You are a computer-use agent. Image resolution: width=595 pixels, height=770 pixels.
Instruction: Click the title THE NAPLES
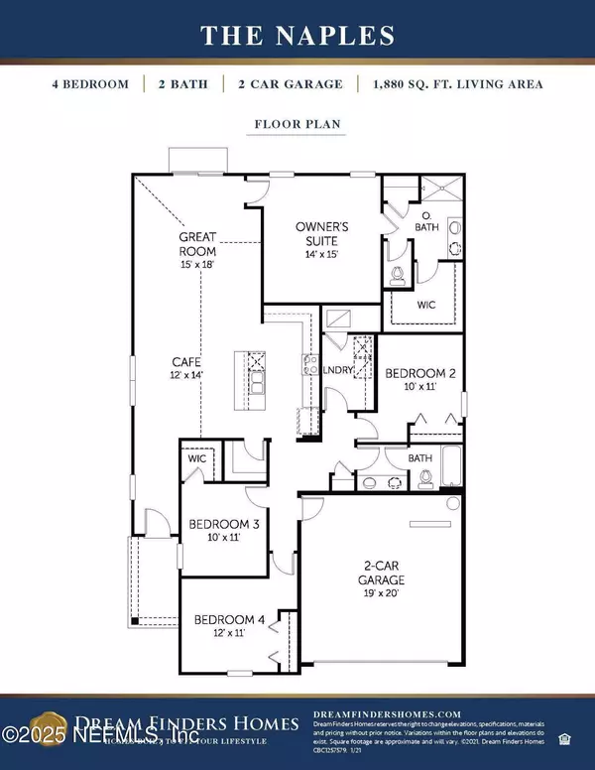(297, 36)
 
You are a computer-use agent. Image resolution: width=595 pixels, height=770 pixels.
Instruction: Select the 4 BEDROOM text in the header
(90, 84)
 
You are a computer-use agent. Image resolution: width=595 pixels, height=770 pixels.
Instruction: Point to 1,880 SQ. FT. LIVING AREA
(458, 84)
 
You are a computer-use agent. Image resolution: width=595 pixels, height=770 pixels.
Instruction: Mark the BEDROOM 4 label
(229, 626)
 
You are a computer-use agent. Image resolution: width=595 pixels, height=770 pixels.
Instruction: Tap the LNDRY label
(335, 371)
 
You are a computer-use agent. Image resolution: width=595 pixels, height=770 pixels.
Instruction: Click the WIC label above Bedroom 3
(196, 459)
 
